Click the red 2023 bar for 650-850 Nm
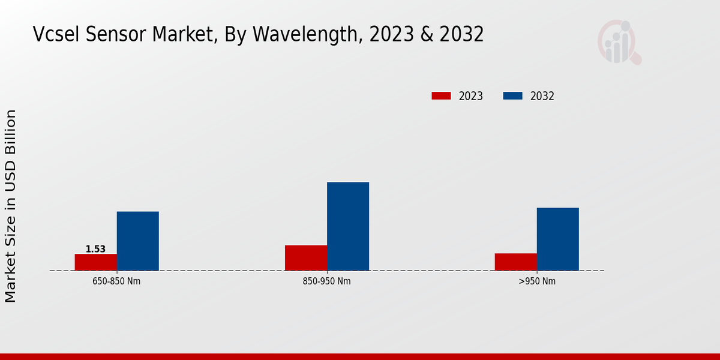[96, 262]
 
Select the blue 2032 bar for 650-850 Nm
[138, 241]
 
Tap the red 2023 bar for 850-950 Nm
[306, 258]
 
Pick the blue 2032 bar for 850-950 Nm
[348, 226]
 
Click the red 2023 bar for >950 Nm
[516, 262]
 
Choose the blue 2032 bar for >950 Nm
[558, 239]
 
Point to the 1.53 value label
[95, 249]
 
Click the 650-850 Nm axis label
[117, 281]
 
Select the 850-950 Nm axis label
[327, 281]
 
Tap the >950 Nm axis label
[537, 281]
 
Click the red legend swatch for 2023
[441, 96]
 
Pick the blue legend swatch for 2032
[512, 96]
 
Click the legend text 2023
[471, 96]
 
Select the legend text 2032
[542, 96]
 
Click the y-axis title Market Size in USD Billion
[11, 206]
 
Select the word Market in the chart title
[180, 35]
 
